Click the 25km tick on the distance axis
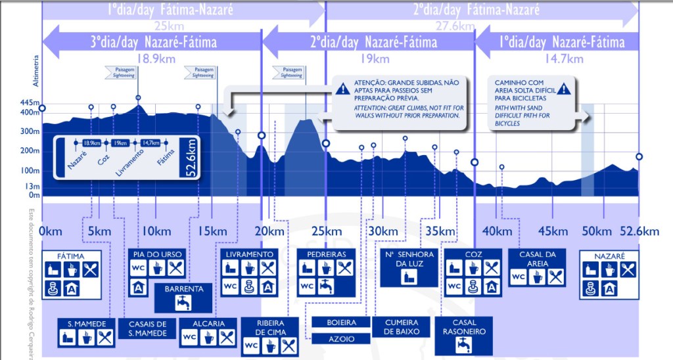[326, 231]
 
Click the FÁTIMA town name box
[72, 256]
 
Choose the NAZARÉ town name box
[608, 256]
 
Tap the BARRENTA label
[184, 288]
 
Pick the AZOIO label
[342, 339]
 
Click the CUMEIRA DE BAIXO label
[401, 326]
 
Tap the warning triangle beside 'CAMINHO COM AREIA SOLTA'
[563, 89]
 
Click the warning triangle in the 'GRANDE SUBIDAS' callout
[344, 87]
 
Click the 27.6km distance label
[454, 26]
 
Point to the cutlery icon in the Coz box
[491, 268]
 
